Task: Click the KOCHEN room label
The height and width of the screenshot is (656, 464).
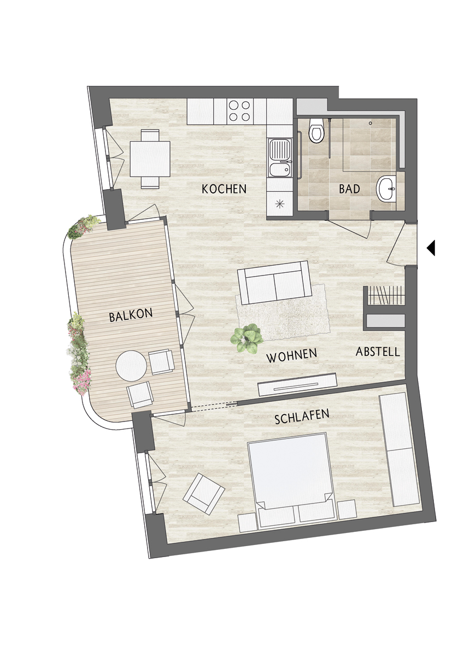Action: tap(224, 189)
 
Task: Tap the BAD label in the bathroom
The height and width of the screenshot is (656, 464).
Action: tap(349, 189)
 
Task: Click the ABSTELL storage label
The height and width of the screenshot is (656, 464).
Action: tap(378, 352)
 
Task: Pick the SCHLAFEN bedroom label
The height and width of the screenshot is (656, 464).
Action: tap(302, 417)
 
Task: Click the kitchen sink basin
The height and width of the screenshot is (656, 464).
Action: tap(279, 159)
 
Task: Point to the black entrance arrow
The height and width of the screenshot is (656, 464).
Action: tap(431, 248)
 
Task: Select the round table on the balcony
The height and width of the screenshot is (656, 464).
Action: tap(131, 366)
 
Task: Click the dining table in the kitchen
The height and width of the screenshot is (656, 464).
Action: tap(150, 159)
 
